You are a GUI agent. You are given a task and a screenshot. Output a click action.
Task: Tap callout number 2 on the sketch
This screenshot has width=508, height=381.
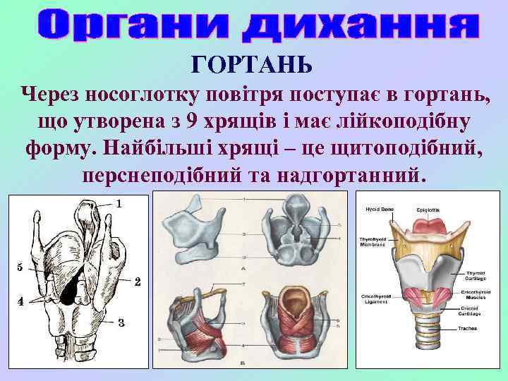click(x=138, y=282)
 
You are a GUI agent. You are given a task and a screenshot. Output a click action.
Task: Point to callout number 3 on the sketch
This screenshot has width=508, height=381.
click(x=121, y=323)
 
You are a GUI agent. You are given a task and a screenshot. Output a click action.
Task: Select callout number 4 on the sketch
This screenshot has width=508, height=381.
click(x=20, y=301)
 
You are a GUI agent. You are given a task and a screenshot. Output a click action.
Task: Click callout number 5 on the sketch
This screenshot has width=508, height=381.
click(x=20, y=267)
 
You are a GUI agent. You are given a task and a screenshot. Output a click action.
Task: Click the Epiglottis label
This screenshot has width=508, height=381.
click(x=428, y=209)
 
